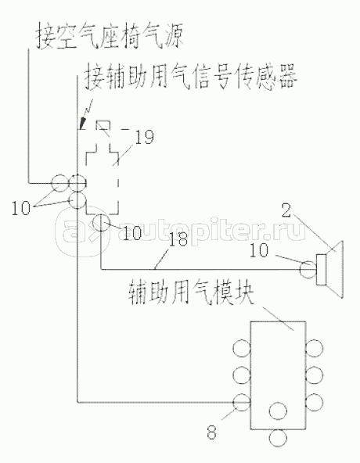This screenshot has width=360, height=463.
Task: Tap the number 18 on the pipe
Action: tap(178, 239)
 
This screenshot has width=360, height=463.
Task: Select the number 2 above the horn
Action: tap(286, 211)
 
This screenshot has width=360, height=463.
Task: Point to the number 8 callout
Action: tap(211, 432)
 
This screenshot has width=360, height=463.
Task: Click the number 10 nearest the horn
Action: tap(259, 250)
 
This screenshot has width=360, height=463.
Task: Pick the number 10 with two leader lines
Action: tap(21, 208)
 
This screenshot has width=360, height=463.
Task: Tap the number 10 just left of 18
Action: tap(132, 233)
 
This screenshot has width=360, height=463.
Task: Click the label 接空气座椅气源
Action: tap(109, 37)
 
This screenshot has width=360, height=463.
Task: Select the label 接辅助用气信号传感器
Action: tap(191, 77)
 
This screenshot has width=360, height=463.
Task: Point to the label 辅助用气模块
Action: tap(191, 293)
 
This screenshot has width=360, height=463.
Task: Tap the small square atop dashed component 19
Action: tap(103, 125)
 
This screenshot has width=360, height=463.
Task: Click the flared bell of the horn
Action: tap(335, 269)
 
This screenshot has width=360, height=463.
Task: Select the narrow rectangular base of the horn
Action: tap(321, 269)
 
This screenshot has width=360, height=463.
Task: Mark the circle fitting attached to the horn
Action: tap(308, 269)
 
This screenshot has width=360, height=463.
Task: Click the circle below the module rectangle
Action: tap(278, 438)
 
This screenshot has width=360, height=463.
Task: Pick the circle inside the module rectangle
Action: tap(278, 411)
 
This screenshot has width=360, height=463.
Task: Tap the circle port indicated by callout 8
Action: tap(242, 402)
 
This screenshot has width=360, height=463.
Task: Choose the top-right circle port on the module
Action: tap(314, 348)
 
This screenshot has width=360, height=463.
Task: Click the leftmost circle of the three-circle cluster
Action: tap(60, 183)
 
